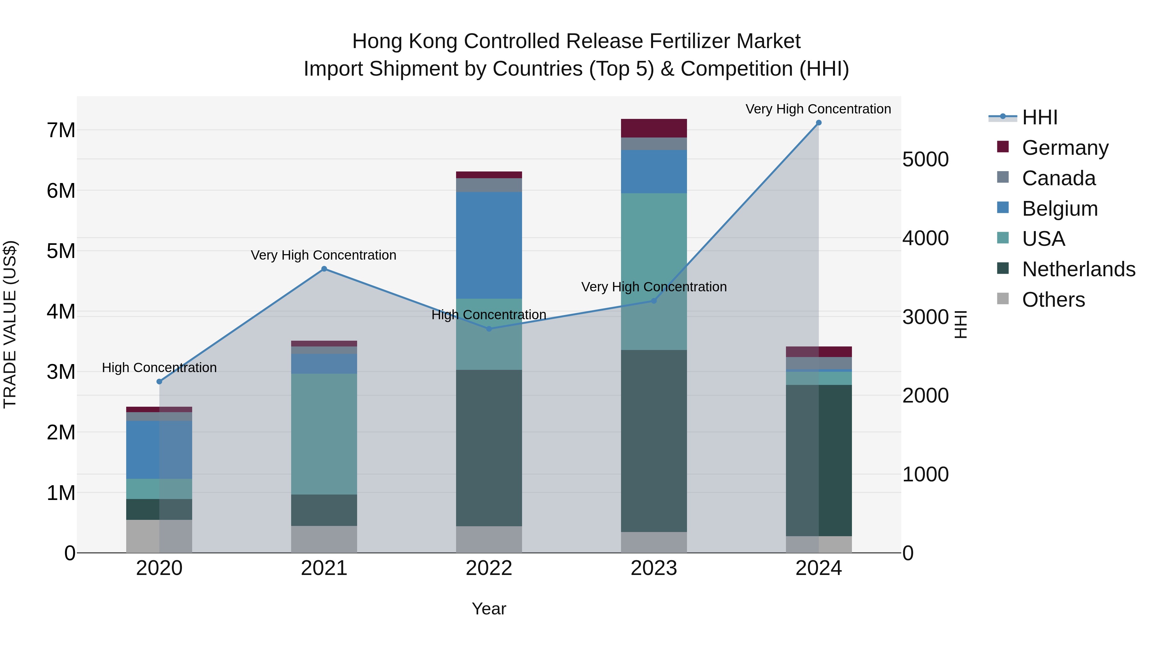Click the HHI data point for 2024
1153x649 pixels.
(x=819, y=123)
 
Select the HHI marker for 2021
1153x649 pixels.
(x=324, y=269)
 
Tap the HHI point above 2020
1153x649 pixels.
(x=159, y=382)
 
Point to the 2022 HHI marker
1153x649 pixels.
(x=489, y=329)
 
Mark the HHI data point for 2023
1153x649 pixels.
(x=653, y=301)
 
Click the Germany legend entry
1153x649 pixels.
(x=1065, y=148)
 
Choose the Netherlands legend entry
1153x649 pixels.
(x=1078, y=269)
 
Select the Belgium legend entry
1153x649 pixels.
(x=1059, y=209)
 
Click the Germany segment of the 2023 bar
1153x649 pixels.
(x=653, y=128)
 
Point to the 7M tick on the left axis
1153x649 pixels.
(x=61, y=130)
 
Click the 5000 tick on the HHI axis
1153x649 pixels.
(x=925, y=160)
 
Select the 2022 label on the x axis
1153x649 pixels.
(x=489, y=568)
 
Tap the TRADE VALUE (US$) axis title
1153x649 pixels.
(x=10, y=324)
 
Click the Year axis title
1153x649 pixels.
(x=489, y=609)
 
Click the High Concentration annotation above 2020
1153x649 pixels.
(x=159, y=368)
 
